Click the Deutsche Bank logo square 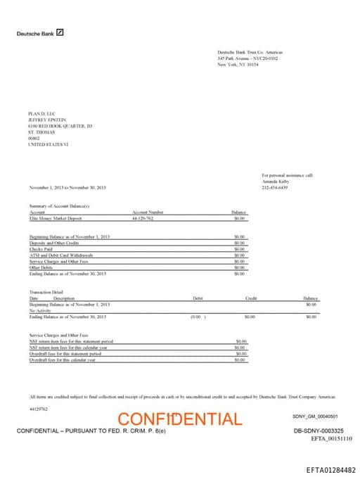[x=61, y=32]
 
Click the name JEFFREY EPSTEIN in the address [x=46, y=120]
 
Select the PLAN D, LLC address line [x=40, y=113]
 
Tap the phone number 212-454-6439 [x=275, y=188]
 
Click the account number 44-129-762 [x=143, y=219]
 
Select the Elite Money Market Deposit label [x=56, y=219]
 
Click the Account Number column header [x=148, y=212]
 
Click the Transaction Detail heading [x=46, y=291]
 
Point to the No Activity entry [x=40, y=310]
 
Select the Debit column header [x=198, y=298]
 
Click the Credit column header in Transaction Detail [x=251, y=298]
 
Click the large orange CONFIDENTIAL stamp [x=180, y=419]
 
